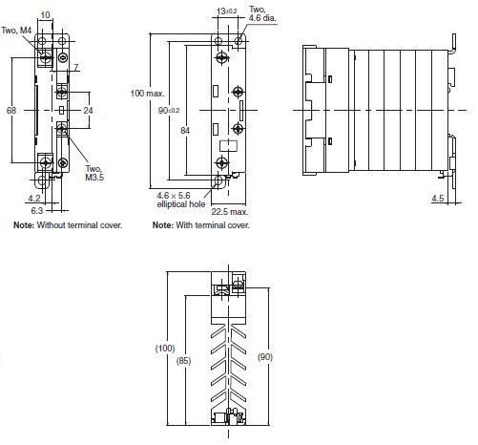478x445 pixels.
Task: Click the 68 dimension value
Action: pos(11,111)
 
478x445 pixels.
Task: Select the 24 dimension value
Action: pos(88,111)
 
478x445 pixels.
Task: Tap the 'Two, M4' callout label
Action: pos(16,31)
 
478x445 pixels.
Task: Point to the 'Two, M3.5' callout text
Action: pos(94,173)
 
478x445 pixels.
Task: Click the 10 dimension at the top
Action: pos(46,15)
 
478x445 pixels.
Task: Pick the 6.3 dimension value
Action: pos(37,210)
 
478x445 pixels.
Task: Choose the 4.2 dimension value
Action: pos(34,199)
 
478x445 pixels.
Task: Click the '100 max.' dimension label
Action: pos(148,94)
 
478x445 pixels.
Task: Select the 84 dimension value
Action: pos(185,130)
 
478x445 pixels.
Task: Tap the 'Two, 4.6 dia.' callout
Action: pos(262,13)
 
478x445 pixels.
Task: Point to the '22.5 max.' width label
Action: pos(230,212)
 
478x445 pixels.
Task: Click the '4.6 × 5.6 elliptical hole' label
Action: pos(181,200)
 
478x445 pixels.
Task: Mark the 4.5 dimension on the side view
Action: pos(438,199)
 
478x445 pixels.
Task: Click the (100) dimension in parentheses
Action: pos(165,348)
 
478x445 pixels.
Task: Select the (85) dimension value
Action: pos(183,361)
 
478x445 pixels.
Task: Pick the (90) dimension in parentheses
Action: pos(265,357)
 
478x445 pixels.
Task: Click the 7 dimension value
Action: pos(76,67)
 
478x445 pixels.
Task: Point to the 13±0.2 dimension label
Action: pos(227,11)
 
